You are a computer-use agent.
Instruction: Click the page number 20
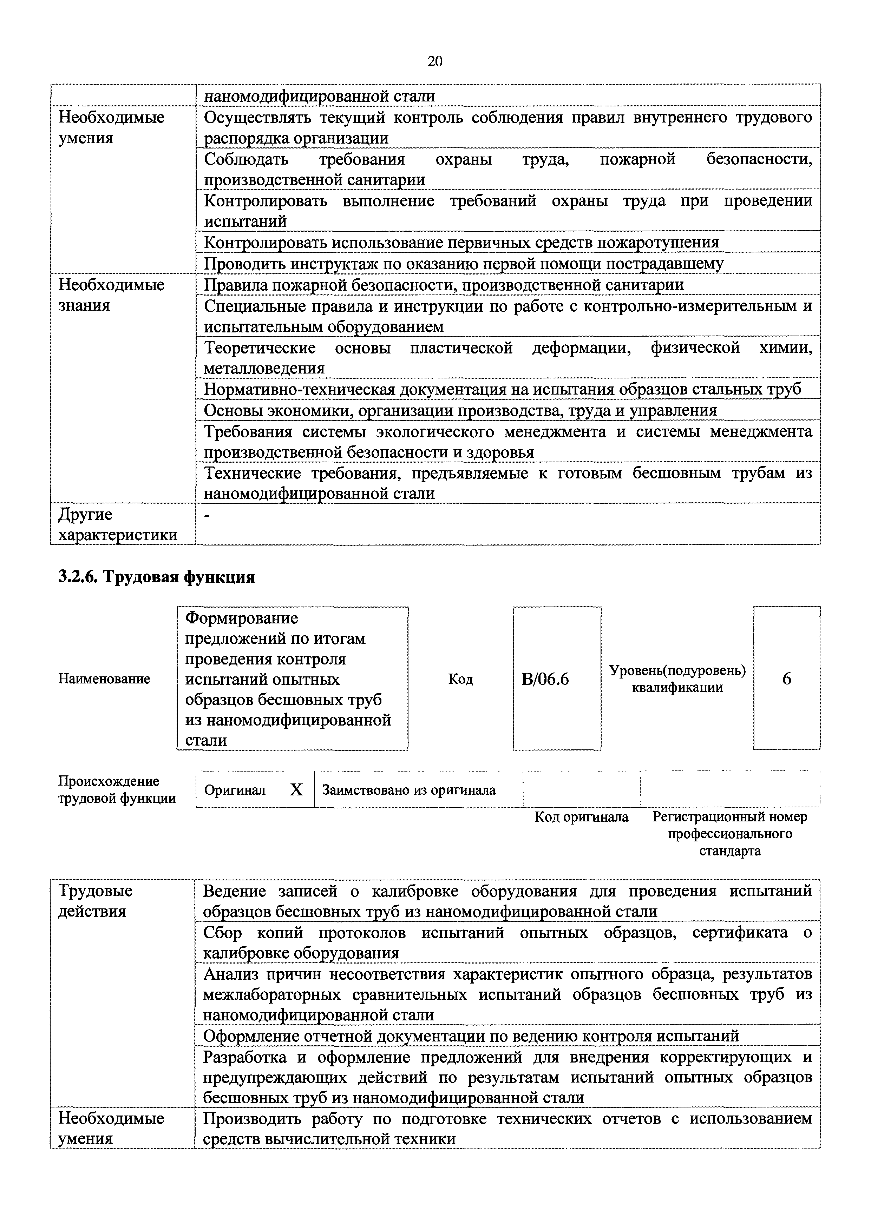point(435,62)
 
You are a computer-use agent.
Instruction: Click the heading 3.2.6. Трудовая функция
point(156,577)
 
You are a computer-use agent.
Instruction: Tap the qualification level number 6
point(786,679)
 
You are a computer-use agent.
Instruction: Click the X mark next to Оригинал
point(296,790)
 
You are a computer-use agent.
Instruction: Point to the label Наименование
point(104,679)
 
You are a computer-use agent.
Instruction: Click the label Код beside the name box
point(460,679)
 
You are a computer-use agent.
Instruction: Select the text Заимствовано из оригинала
point(409,790)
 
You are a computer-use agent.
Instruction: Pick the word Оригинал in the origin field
point(235,790)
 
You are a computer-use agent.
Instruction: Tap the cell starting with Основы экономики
point(460,410)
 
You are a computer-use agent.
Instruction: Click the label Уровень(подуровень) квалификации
point(677,679)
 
